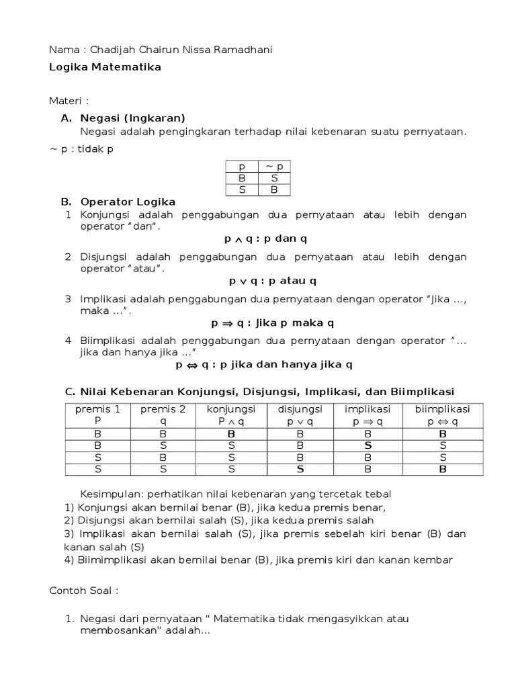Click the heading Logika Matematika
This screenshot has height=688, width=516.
tap(105, 67)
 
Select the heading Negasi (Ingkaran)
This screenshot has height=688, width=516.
tap(132, 118)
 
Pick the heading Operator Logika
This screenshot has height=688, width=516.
tap(128, 202)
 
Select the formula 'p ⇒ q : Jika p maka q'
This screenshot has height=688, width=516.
tap(273, 322)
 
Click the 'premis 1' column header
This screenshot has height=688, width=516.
tap(97, 409)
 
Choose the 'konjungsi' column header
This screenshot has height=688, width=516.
tap(230, 409)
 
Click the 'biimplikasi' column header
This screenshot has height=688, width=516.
tap(442, 409)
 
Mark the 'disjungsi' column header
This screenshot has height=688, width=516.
tap(300, 409)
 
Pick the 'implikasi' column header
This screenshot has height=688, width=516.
tap(368, 409)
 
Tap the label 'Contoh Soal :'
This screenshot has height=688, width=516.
tap(84, 591)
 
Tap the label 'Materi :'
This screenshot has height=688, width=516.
tap(69, 101)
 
